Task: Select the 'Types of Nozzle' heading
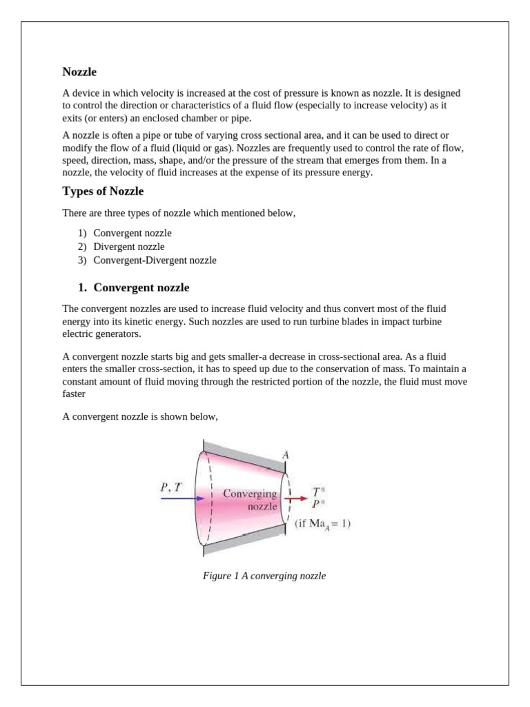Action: point(103,191)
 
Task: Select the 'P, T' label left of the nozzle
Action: point(171,487)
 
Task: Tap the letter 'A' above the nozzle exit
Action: point(285,454)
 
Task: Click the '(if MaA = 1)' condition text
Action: point(322,523)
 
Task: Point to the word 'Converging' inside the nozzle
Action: point(249,494)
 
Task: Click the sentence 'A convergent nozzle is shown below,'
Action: point(140,415)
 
